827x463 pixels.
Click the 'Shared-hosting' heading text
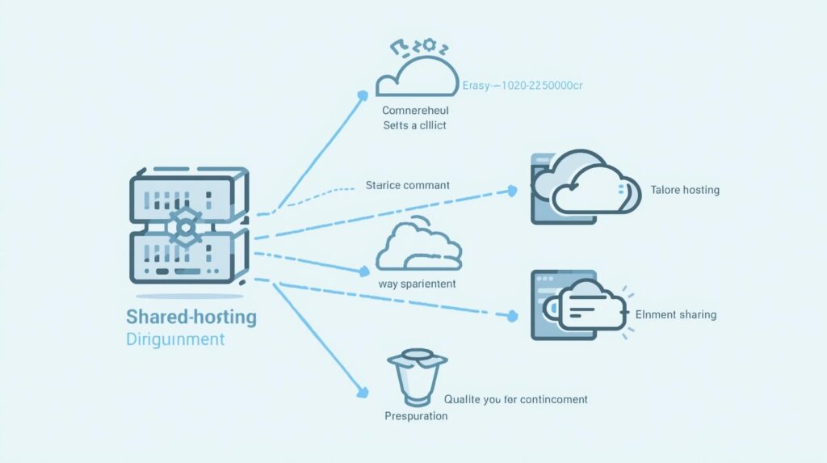pyautogui.click(x=191, y=316)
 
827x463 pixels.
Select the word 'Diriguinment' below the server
pyautogui.click(x=175, y=339)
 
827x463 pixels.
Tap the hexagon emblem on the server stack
pyautogui.click(x=184, y=227)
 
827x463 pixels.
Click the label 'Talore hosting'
pyautogui.click(x=685, y=190)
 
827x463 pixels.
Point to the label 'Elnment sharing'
pyautogui.click(x=676, y=314)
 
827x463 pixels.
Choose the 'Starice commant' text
pyautogui.click(x=408, y=185)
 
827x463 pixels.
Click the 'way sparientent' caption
pyautogui.click(x=417, y=284)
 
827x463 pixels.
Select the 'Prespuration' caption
pyautogui.click(x=416, y=415)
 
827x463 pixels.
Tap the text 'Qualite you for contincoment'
pyautogui.click(x=516, y=399)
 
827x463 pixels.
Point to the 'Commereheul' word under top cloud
pyautogui.click(x=415, y=109)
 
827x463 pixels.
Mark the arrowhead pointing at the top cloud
pyautogui.click(x=362, y=96)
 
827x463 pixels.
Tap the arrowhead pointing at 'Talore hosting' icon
pyautogui.click(x=511, y=192)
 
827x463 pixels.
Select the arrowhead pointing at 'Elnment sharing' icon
pyautogui.click(x=510, y=316)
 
